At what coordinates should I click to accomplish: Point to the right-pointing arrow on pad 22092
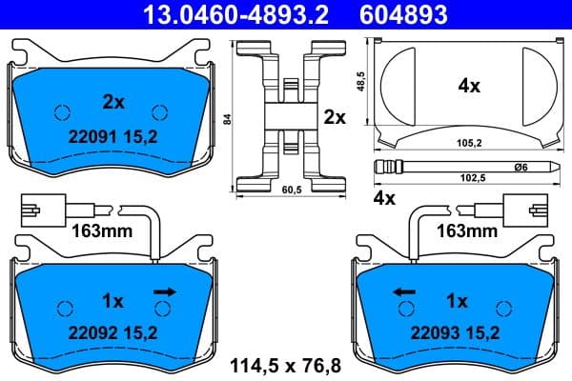[165, 291]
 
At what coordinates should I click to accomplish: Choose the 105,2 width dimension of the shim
[466, 145]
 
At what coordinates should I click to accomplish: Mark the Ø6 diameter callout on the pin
[521, 168]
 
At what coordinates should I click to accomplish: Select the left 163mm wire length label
[99, 231]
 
